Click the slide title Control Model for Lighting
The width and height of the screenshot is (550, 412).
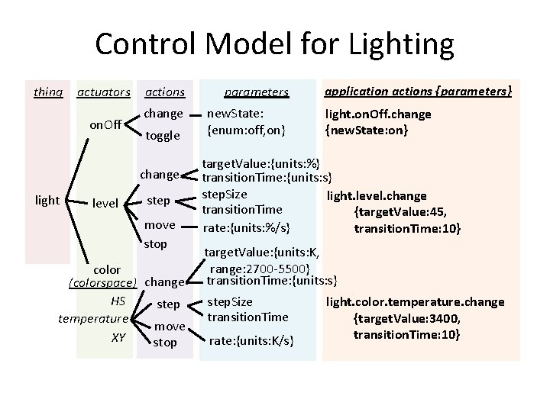click(x=274, y=44)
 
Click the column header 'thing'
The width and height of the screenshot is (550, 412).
click(x=48, y=92)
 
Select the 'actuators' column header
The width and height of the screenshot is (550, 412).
click(x=103, y=92)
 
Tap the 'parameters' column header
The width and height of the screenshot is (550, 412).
click(x=256, y=92)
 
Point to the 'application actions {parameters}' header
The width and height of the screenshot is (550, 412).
click(x=418, y=91)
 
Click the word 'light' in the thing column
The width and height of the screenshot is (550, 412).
click(x=48, y=200)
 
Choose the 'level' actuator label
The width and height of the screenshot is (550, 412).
click(x=105, y=204)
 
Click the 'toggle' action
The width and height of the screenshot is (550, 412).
click(x=163, y=136)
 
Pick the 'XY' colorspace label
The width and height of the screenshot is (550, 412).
click(x=118, y=336)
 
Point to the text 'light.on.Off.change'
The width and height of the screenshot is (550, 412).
click(x=377, y=114)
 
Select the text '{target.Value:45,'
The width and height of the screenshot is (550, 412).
click(x=399, y=212)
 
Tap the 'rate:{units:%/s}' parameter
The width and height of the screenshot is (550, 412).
click(x=250, y=226)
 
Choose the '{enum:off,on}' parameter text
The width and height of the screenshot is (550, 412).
click(x=246, y=130)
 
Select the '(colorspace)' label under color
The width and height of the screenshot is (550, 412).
click(x=102, y=282)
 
